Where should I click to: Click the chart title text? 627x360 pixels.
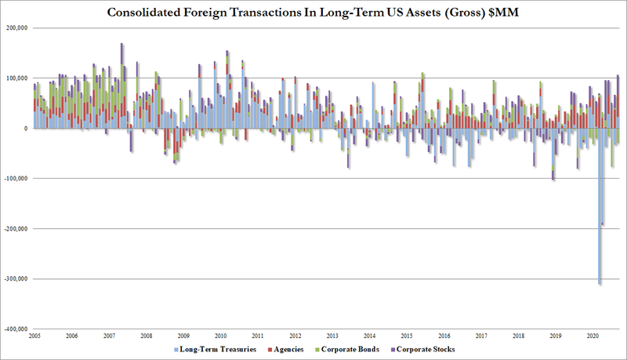click(x=313, y=13)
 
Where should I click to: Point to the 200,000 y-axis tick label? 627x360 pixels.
click(x=17, y=28)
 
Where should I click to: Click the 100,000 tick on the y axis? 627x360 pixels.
click(x=17, y=78)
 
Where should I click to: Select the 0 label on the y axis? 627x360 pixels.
click(x=26, y=129)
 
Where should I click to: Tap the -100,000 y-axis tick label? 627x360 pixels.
click(x=16, y=178)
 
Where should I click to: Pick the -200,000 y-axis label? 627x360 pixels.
click(x=16, y=229)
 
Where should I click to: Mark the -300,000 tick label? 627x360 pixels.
click(x=16, y=278)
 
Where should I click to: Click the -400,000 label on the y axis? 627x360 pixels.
click(x=16, y=329)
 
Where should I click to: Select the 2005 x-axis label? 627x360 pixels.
click(x=34, y=336)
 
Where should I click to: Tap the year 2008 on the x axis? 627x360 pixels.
click(x=147, y=336)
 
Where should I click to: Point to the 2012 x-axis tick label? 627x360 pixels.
click(x=295, y=336)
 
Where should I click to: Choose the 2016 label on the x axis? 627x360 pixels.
click(x=444, y=336)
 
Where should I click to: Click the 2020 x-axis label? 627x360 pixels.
click(x=593, y=336)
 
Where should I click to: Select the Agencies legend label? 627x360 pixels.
click(x=286, y=350)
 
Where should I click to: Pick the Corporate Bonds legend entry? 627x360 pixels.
click(x=347, y=350)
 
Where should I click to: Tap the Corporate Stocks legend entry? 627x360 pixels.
click(x=423, y=350)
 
